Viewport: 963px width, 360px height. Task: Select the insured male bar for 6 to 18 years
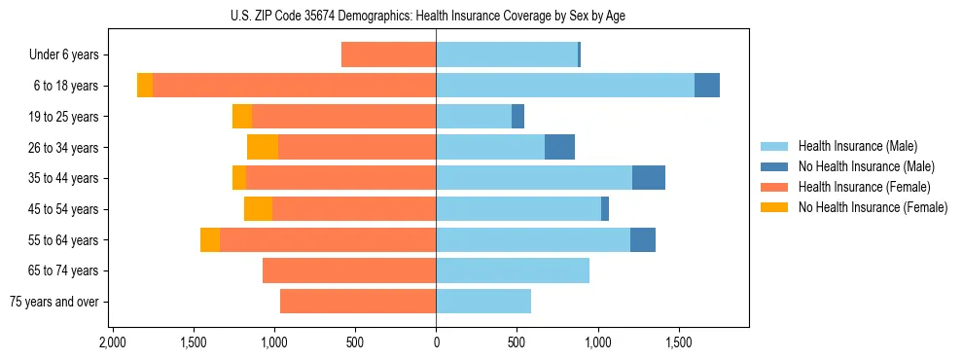point(564,86)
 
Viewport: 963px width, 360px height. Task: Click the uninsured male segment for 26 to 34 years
point(559,147)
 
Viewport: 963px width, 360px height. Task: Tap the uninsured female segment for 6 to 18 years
point(145,86)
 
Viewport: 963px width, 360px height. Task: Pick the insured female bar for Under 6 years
point(388,54)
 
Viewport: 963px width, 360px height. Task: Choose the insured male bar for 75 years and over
point(483,302)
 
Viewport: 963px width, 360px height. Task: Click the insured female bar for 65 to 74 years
point(349,270)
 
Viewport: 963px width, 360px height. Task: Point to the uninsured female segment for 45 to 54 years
point(258,209)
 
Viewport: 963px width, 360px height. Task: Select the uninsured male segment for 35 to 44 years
point(649,178)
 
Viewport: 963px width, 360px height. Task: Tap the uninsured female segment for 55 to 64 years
point(210,240)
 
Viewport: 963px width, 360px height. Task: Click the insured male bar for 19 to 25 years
point(474,117)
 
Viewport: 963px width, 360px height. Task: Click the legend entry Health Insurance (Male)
point(857,146)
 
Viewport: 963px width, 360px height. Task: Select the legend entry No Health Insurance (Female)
point(873,207)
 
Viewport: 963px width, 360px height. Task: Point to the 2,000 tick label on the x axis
point(113,342)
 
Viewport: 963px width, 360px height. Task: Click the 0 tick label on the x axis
point(436,342)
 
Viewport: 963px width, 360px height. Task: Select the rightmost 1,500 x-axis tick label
point(678,342)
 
